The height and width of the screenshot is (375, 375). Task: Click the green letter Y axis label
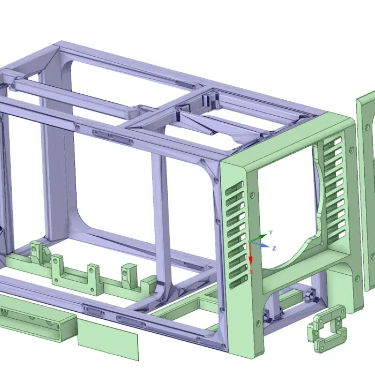point(271,232)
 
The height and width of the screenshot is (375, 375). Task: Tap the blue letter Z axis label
point(274,249)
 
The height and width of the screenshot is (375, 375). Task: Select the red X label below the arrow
point(251,272)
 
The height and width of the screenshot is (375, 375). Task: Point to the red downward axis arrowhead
point(251,261)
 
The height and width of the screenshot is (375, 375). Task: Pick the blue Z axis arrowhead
point(265,245)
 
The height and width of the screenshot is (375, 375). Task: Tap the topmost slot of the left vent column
point(234,187)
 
